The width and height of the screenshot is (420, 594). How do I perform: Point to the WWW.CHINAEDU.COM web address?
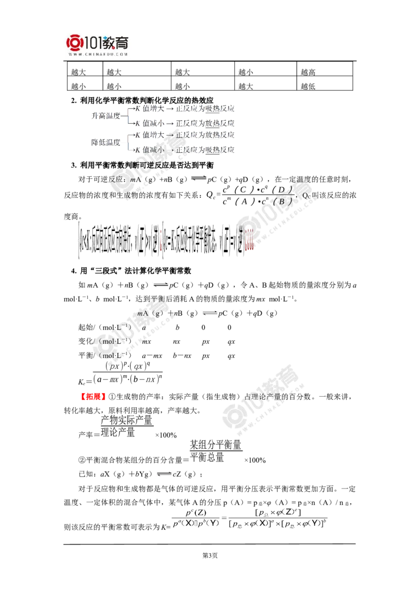pos(98,54)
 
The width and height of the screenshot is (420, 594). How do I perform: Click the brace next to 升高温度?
pos(127,116)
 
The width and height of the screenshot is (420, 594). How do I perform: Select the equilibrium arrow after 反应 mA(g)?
pos(199,179)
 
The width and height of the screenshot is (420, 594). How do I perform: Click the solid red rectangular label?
pos(93,396)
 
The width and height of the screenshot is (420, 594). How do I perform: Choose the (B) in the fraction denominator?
pos(283,201)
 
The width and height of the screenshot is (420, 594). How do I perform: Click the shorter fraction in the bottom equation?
pos(198,516)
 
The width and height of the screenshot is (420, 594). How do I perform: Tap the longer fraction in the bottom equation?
pos(278,516)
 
